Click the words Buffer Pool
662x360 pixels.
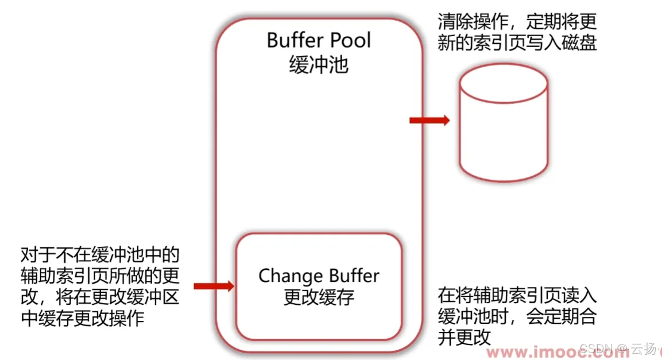(319, 41)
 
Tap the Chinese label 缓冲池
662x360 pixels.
(319, 65)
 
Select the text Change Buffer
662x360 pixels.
(319, 276)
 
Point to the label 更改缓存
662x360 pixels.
(319, 297)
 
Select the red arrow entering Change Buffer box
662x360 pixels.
(214, 286)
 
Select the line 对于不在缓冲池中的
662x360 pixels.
(100, 255)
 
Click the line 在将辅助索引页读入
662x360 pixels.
(517, 296)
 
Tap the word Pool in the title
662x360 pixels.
(349, 41)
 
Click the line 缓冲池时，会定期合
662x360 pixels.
(517, 316)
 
